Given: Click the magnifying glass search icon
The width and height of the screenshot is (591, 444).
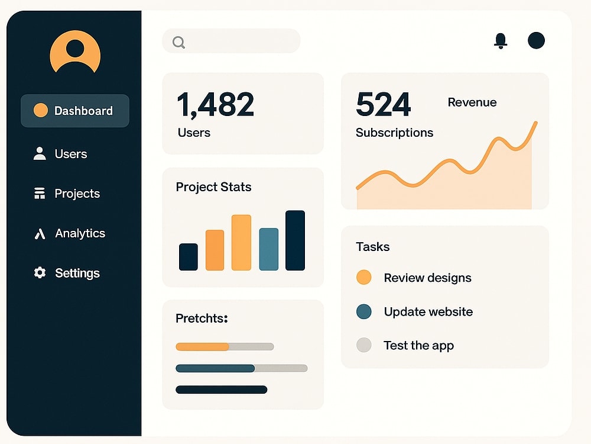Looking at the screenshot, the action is point(178,42).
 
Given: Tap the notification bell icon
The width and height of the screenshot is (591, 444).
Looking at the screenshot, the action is point(501,41).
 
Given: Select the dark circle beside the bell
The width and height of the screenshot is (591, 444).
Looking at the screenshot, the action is point(536,40).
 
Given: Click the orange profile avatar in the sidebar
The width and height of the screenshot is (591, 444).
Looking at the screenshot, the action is point(75,52).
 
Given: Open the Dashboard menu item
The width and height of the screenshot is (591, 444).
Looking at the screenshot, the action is point(75,111).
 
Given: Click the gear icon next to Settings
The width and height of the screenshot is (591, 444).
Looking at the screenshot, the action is point(40,272).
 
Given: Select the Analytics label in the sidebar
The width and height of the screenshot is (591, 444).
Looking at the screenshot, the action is point(80,233).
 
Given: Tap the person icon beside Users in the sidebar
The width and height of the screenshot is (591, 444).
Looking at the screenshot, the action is point(40,154).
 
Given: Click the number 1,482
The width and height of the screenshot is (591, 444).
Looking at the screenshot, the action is point(215,105).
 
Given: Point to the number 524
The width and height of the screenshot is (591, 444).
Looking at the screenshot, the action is point(383,104).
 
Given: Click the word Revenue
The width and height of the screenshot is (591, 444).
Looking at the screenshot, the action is point(472,102).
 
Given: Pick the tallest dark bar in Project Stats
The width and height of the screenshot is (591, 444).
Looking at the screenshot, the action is point(295,240).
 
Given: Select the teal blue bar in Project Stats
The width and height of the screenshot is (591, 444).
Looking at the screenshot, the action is point(269,249).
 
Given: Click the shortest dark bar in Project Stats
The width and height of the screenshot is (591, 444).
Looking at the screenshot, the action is point(189,257).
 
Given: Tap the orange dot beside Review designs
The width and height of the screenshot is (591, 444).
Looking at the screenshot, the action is point(363,277).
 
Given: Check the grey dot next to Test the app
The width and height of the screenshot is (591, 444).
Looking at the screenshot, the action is point(363,345).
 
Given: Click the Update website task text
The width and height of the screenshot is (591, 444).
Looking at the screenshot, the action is point(428,311).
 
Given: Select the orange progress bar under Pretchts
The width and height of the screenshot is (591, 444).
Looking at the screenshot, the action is point(202,346).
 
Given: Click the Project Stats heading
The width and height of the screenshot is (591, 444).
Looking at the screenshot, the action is point(213,187).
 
